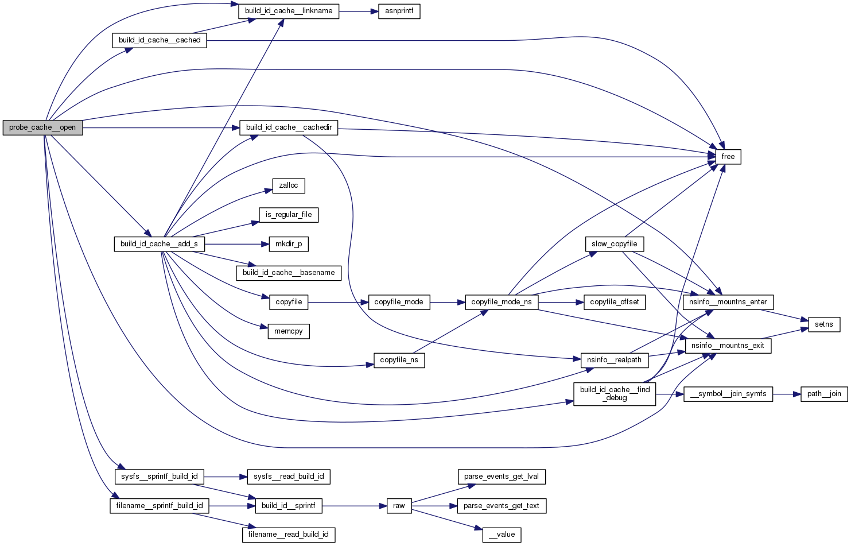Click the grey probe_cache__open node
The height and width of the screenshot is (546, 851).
click(x=42, y=127)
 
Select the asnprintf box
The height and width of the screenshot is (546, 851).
click(x=399, y=11)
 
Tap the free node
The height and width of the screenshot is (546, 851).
click(x=728, y=157)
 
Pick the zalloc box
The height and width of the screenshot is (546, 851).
click(x=289, y=185)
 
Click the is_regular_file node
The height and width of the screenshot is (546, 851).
click(x=289, y=215)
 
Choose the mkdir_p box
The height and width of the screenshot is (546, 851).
click(x=289, y=244)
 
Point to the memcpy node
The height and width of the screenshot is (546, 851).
click(x=289, y=331)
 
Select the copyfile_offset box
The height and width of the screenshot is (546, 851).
click(x=615, y=302)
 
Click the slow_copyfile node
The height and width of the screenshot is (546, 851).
click(x=615, y=244)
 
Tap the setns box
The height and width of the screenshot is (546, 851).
click(x=824, y=324)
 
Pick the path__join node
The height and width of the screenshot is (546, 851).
click(x=824, y=394)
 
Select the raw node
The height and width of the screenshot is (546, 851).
click(x=399, y=506)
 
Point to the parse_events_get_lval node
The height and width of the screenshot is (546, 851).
click(x=502, y=477)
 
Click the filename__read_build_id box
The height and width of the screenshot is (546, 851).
click(x=289, y=535)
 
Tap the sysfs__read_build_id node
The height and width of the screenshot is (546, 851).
click(x=289, y=477)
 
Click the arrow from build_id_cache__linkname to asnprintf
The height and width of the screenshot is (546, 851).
click(x=359, y=11)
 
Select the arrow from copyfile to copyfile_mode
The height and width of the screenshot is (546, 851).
click(x=338, y=302)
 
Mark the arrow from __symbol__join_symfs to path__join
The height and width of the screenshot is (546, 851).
click(x=787, y=394)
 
